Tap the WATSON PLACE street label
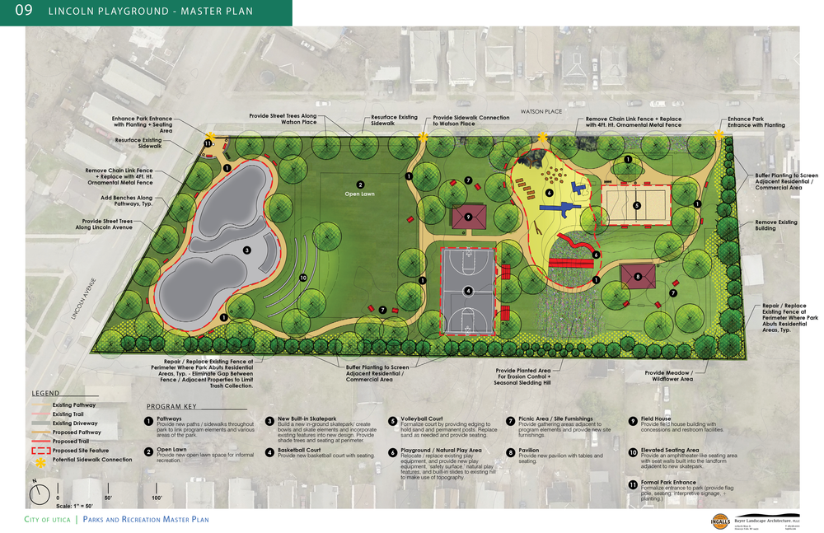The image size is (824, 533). coord(540,110)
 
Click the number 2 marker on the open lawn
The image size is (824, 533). coord(360,185)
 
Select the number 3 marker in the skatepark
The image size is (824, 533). coord(246,250)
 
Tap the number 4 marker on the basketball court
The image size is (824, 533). coord(468,290)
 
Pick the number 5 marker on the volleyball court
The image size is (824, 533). coord(636,205)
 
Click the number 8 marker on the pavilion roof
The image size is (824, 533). coord(637,278)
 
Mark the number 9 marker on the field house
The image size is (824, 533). coord(468,217)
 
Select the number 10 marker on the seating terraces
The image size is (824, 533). coord(303,278)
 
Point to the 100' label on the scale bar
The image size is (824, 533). coord(157,498)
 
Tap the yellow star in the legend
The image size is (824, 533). coord(38,461)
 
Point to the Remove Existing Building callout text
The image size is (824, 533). coord(776,222)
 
